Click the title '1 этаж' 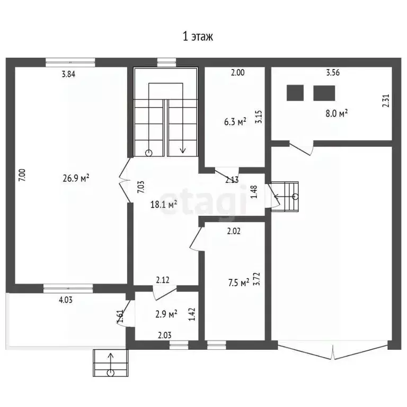[198, 37]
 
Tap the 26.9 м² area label [76, 178]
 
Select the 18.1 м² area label [164, 204]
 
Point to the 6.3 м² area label [235, 121]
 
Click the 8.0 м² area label [337, 113]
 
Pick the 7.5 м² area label [239, 282]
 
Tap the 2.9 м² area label [166, 314]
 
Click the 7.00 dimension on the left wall [22, 175]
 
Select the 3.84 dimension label [68, 74]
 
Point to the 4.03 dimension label [66, 300]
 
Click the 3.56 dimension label [333, 73]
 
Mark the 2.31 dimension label [386, 101]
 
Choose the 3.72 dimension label [257, 279]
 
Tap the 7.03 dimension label [140, 187]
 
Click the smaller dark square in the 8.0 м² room [295, 93]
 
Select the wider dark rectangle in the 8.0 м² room [324, 93]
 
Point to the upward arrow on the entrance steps [111, 362]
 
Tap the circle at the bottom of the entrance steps [111, 373]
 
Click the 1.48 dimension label [254, 191]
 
